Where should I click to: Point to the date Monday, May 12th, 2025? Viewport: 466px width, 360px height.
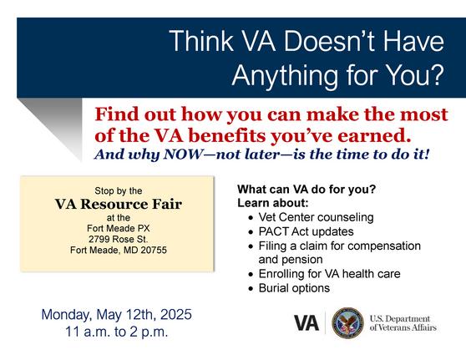pyautogui.click(x=117, y=315)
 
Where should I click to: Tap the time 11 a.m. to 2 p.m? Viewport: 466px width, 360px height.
pyautogui.click(x=117, y=332)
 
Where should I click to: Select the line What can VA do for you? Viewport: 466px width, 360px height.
pyautogui.click(x=306, y=189)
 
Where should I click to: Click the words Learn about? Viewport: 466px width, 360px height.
pyautogui.click(x=273, y=203)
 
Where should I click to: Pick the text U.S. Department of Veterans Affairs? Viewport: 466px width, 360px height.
pyautogui.click(x=402, y=323)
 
